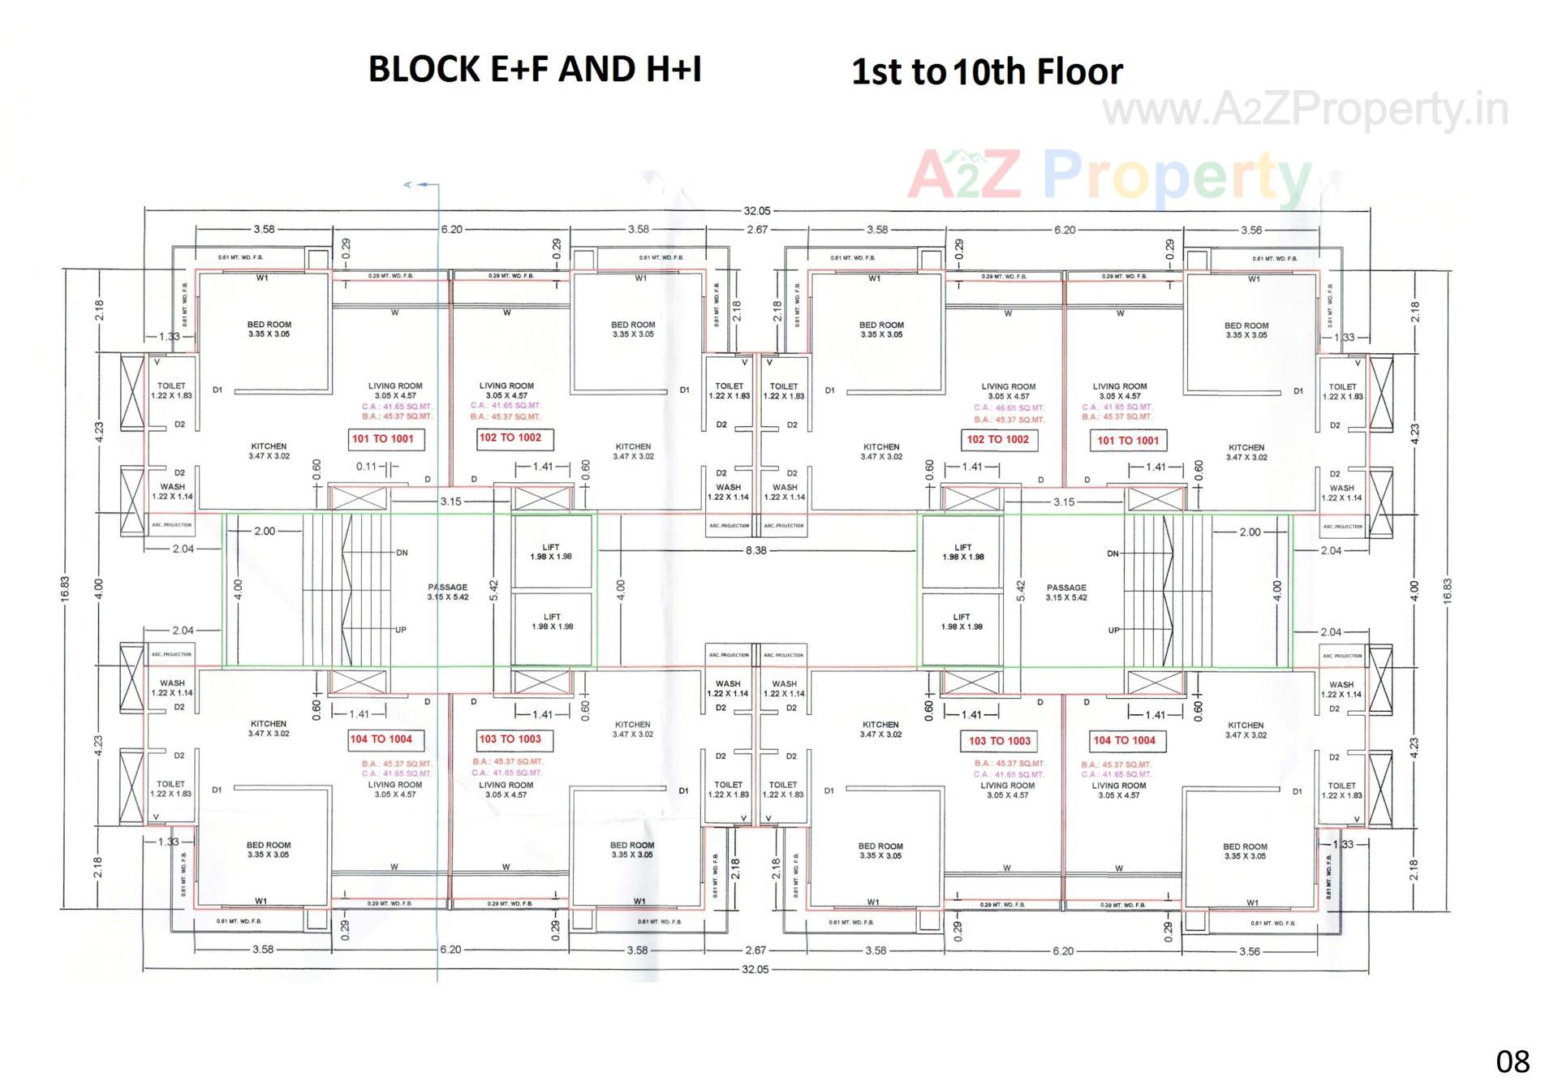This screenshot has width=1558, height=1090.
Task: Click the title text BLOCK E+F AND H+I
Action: (535, 69)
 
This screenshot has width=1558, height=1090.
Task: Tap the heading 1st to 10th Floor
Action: (986, 72)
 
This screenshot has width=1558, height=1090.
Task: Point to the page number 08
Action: (1512, 1062)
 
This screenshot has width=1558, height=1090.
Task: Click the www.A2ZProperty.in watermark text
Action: (1305, 110)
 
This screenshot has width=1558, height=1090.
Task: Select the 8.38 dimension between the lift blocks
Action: (755, 551)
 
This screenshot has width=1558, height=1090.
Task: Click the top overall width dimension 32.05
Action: (756, 211)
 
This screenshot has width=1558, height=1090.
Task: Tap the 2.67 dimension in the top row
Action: (757, 230)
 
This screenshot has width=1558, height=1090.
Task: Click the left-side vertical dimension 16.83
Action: (65, 589)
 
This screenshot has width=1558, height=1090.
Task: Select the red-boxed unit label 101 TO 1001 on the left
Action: (382, 439)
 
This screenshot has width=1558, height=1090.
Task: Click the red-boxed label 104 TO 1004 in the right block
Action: (1124, 741)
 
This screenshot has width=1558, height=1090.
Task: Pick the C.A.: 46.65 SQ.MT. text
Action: (1009, 408)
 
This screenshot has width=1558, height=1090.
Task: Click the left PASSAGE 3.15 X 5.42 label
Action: (448, 592)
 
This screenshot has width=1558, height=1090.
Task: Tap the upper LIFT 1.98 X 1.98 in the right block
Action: (962, 553)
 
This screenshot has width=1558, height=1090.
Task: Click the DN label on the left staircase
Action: (402, 554)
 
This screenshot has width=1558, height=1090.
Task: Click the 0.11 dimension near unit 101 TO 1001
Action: (367, 467)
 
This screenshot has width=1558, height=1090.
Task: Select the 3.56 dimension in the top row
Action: (1251, 230)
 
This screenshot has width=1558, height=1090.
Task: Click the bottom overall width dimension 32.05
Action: (755, 970)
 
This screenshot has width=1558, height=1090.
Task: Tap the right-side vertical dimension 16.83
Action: (1448, 589)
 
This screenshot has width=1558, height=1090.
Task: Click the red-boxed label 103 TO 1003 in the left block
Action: (510, 739)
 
